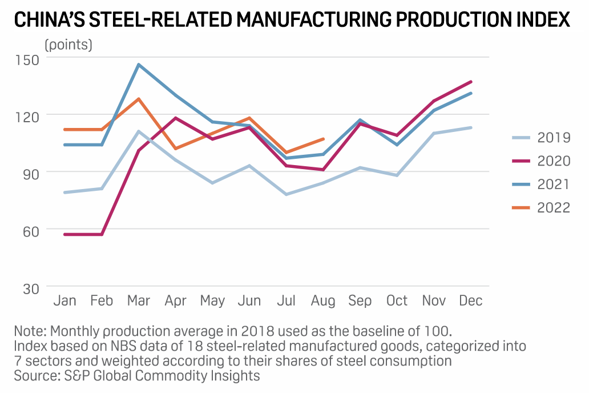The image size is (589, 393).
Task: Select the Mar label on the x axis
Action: pos(138,301)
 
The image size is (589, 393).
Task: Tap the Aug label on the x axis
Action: pos(323,301)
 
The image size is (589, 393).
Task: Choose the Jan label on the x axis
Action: pos(64,301)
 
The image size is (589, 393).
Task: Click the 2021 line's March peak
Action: pos(138,65)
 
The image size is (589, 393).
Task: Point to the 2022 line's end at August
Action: pos(324,139)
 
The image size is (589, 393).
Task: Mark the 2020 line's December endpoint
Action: pos(471,82)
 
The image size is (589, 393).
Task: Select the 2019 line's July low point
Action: pos(287,194)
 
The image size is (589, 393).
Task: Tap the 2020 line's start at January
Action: pos(64,234)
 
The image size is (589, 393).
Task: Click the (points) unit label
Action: pos(68,45)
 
